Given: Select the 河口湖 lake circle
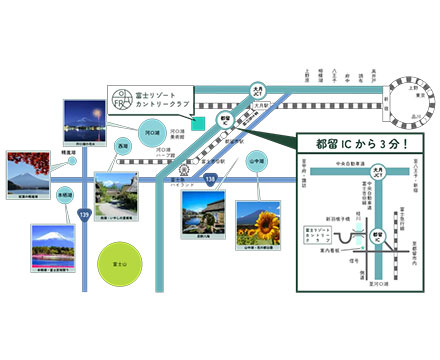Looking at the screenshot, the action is [x=152, y=130].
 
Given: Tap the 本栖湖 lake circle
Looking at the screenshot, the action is [x=64, y=195].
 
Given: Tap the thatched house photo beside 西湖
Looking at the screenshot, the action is [x=119, y=194].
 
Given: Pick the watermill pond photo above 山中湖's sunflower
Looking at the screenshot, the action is [x=203, y=213].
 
